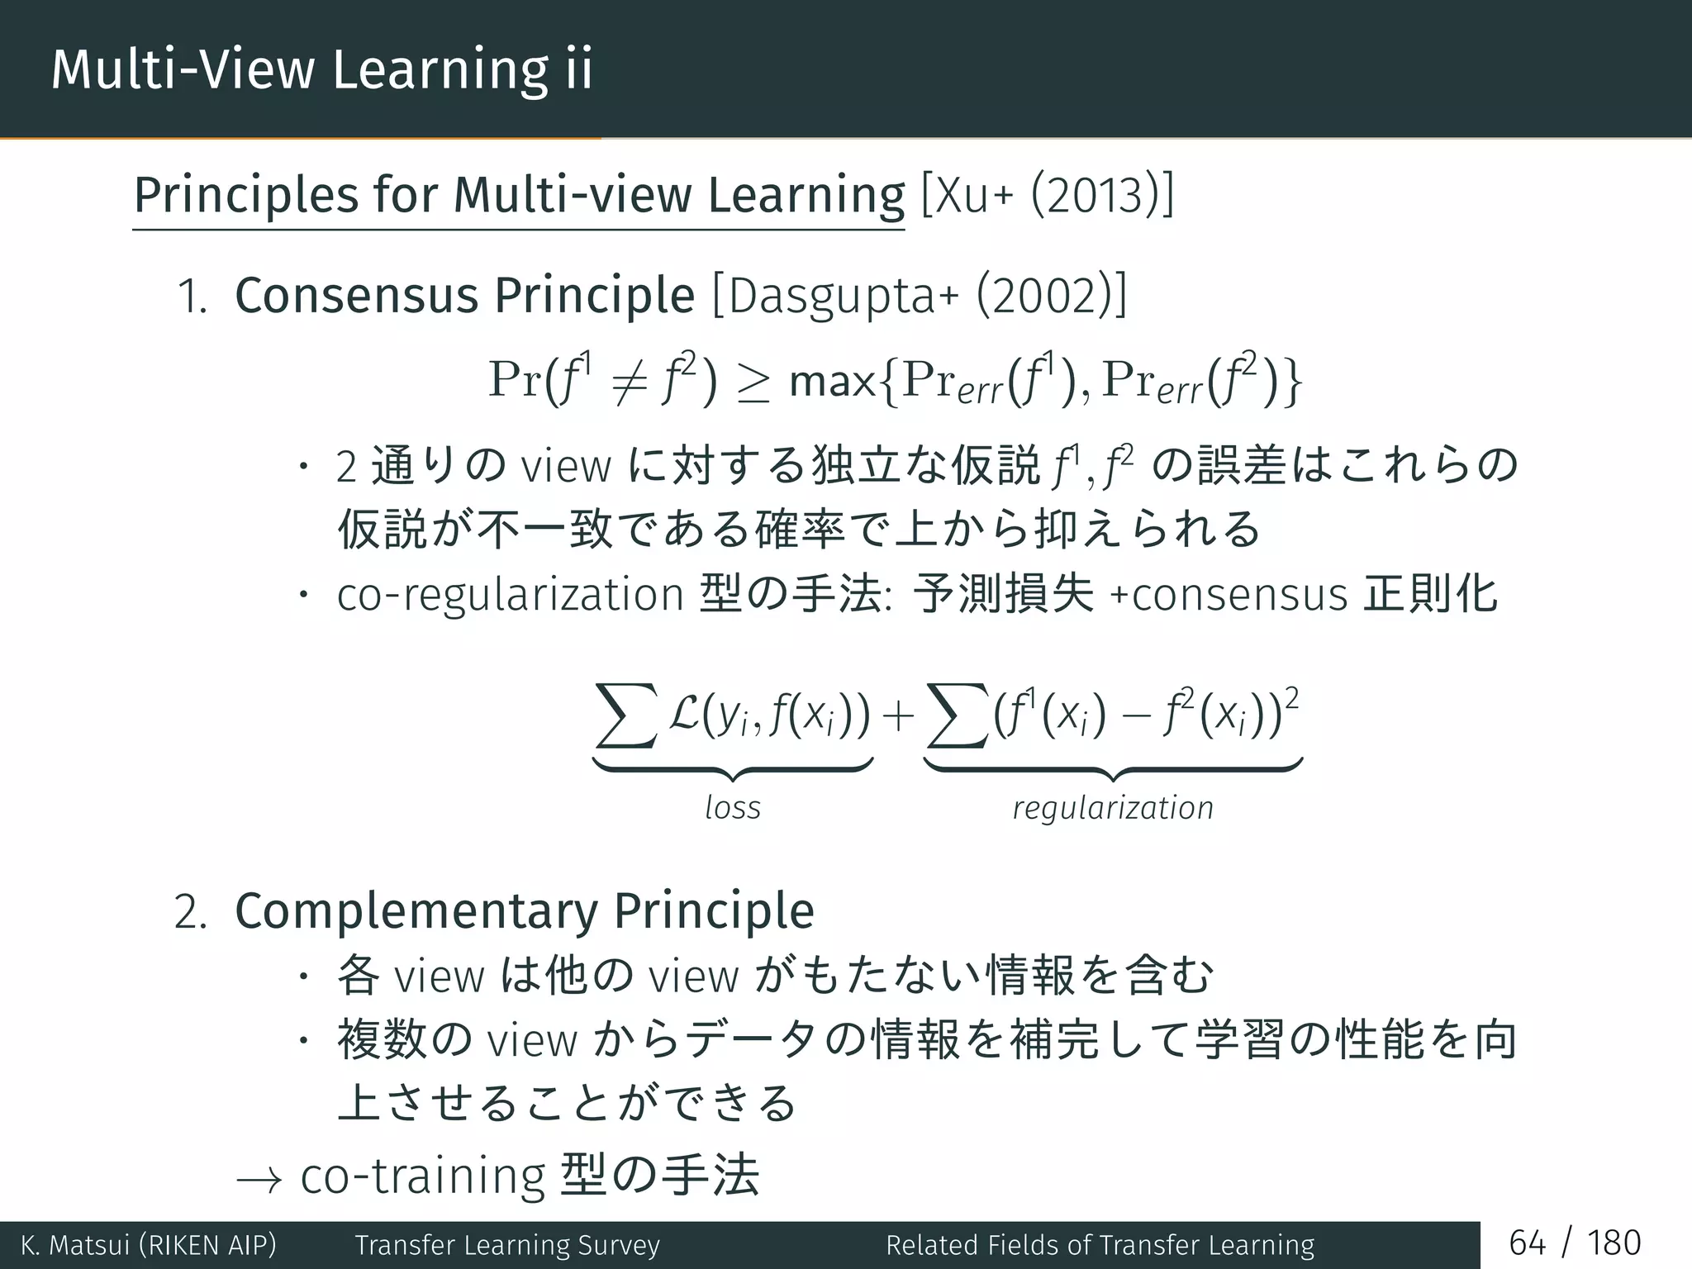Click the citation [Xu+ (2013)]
coord(1047,196)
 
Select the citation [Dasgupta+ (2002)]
coord(919,296)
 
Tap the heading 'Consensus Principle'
coord(464,296)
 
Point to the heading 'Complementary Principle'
coord(525,911)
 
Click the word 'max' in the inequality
coord(832,382)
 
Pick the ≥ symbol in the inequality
coord(753,383)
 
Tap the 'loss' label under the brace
coord(733,807)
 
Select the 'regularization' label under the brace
coord(1113,807)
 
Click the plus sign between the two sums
coord(898,715)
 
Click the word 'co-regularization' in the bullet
coord(510,595)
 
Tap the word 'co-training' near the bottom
coord(422,1176)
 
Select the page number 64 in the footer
coord(1527,1243)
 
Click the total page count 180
coord(1614,1243)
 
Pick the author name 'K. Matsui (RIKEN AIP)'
coord(149,1245)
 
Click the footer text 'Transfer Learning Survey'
coord(507,1245)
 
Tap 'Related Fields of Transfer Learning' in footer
coord(1100,1245)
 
